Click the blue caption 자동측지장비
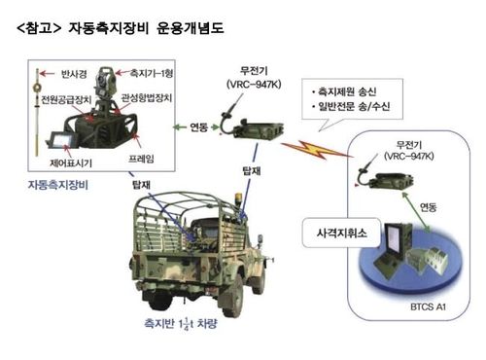coord(61,183)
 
